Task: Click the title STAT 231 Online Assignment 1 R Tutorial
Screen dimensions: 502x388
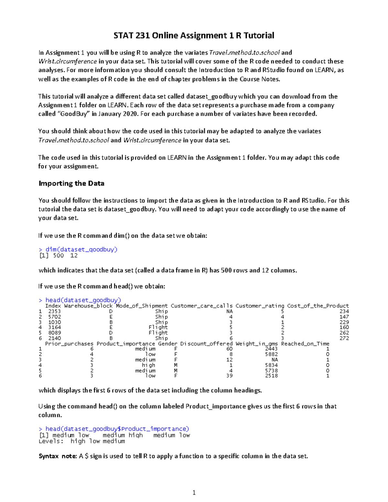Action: pyautogui.click(x=194, y=35)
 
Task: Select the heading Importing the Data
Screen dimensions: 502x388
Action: pyautogui.click(x=71, y=183)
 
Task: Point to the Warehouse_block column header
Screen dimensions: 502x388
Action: pyautogui.click(x=88, y=306)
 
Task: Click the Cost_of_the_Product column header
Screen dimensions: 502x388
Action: pyautogui.click(x=318, y=306)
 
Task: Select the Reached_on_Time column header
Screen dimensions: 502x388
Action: pyautogui.click(x=305, y=344)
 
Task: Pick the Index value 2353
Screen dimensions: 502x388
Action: pyautogui.click(x=54, y=311)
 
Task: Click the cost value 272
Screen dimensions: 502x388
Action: pyautogui.click(x=344, y=338)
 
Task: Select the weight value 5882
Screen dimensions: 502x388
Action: pyautogui.click(x=271, y=354)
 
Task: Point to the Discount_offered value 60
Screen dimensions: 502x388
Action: pyautogui.click(x=229, y=349)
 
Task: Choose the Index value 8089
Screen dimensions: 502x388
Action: pyautogui.click(x=54, y=333)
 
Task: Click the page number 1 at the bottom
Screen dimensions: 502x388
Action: pyautogui.click(x=194, y=493)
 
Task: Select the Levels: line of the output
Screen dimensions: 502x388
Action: pyautogui.click(x=81, y=441)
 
